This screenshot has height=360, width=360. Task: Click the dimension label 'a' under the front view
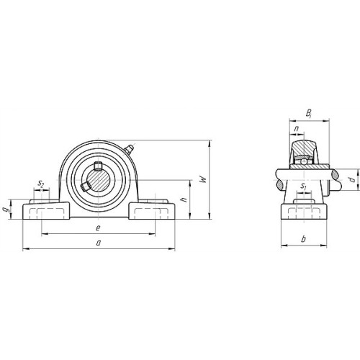point(98,243)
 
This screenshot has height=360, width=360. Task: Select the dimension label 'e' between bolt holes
point(98,228)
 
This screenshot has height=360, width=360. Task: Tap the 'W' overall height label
point(204,179)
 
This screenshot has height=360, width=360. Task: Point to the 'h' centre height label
point(184,199)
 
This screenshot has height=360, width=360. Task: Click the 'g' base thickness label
point(6,210)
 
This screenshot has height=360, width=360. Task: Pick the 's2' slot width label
point(41,184)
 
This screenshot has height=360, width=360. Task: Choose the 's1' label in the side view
point(304,186)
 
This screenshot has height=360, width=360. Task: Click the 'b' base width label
point(304,239)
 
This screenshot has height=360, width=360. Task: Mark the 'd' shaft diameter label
point(352,179)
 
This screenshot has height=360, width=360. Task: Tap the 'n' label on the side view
point(297,129)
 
